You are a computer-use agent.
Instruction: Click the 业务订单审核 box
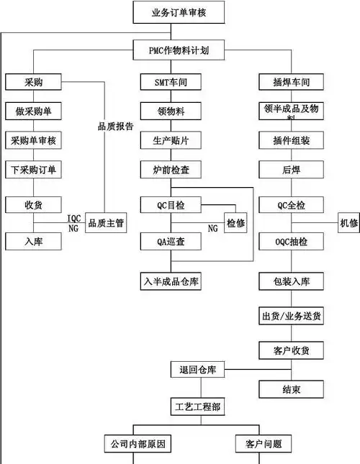[x=180, y=12]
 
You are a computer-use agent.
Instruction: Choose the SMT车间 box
[x=171, y=82]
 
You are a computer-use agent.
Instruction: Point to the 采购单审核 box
[x=33, y=140]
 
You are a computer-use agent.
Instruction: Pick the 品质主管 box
[x=106, y=223]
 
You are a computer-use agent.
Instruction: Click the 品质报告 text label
[x=115, y=126]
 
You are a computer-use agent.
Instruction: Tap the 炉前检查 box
[x=171, y=170]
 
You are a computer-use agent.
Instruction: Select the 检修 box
[x=235, y=223]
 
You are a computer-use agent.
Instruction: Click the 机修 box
[x=349, y=223]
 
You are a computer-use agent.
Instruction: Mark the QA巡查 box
[x=171, y=242]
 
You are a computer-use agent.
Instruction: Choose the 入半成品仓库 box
[x=171, y=281]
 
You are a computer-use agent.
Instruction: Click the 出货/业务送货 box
[x=291, y=316]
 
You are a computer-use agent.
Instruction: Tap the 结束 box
[x=291, y=389]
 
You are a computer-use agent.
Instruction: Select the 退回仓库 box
[x=197, y=370]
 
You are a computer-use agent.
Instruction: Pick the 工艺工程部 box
[x=197, y=407]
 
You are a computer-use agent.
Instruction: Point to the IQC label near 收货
[x=74, y=218]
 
